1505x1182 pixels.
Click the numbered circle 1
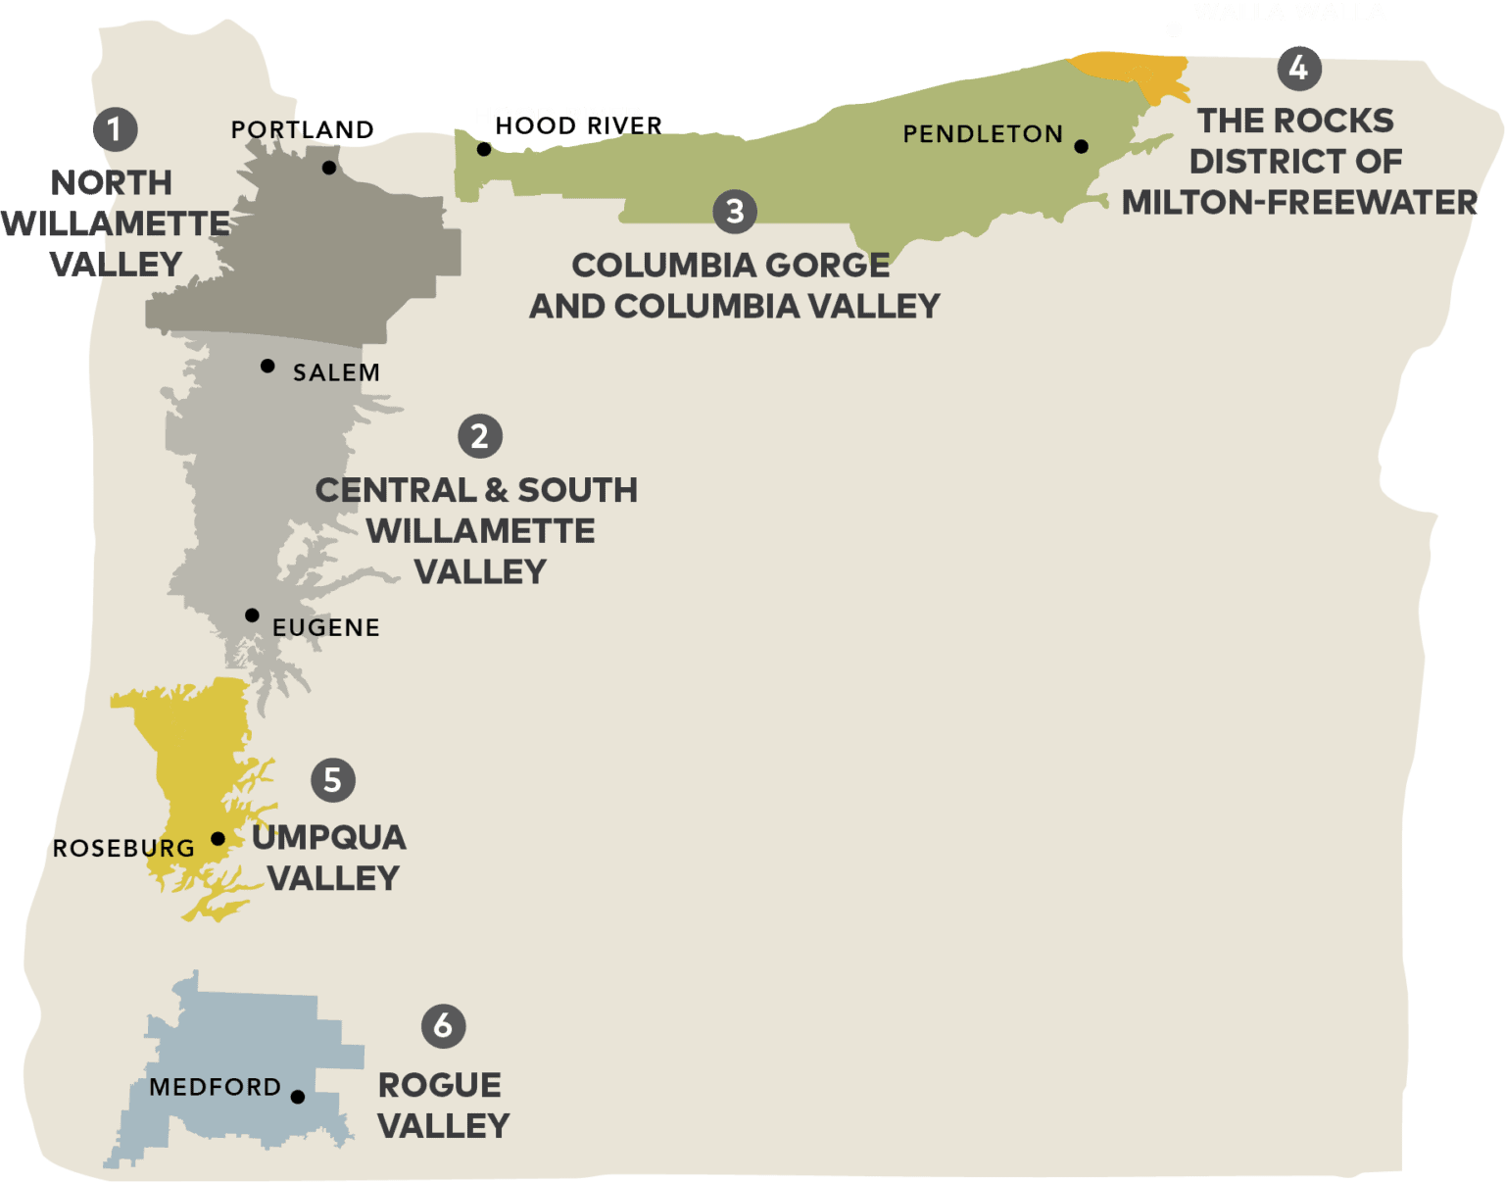pyautogui.click(x=115, y=129)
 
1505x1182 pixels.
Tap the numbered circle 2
pyautogui.click(x=480, y=436)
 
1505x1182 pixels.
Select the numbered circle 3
pyautogui.click(x=735, y=212)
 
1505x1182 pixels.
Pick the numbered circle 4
pyautogui.click(x=1299, y=68)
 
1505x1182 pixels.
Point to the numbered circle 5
pyautogui.click(x=333, y=780)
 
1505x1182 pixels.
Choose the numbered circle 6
pyautogui.click(x=443, y=1025)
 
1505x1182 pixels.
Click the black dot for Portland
pyautogui.click(x=329, y=168)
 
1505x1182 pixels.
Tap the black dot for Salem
pyautogui.click(x=267, y=366)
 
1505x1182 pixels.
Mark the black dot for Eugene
pyautogui.click(x=252, y=616)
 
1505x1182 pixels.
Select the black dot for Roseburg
pyautogui.click(x=218, y=839)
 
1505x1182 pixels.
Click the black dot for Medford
pyautogui.click(x=298, y=1097)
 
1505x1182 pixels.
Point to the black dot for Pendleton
pyautogui.click(x=1081, y=147)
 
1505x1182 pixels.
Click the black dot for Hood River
pyautogui.click(x=484, y=150)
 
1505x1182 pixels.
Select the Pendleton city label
pyautogui.click(x=983, y=134)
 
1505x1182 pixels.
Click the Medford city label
pyautogui.click(x=216, y=1087)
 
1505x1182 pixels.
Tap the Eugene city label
pyautogui.click(x=326, y=627)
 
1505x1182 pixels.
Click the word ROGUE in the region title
pyautogui.click(x=440, y=1085)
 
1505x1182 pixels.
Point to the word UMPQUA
pyautogui.click(x=329, y=837)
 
